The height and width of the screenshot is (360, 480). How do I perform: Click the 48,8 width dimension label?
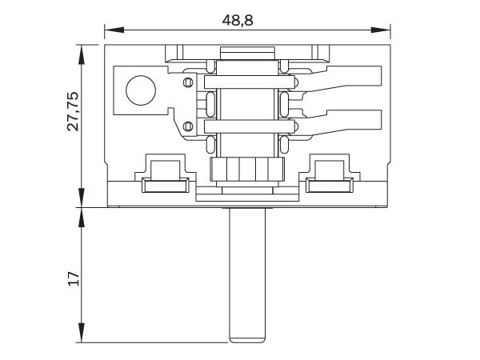click(238, 21)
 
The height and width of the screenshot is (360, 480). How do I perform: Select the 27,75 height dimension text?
click(73, 111)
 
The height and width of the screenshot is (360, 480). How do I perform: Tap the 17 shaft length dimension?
click(74, 278)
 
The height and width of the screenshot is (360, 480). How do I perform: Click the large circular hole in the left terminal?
click(141, 90)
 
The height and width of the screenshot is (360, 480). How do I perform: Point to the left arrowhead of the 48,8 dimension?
click(114, 30)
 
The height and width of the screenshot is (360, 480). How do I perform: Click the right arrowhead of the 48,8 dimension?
click(381, 30)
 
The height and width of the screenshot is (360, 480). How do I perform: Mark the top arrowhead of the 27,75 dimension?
click(81, 54)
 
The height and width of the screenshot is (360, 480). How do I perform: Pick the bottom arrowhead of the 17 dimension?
click(81, 333)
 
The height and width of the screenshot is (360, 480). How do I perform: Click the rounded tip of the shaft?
click(247, 339)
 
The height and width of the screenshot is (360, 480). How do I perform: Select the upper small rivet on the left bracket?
click(188, 82)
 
